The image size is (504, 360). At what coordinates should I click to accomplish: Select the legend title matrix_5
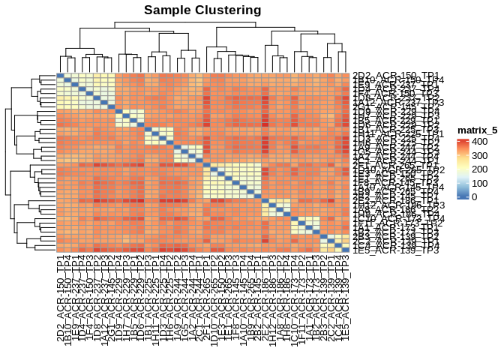[x=478, y=130]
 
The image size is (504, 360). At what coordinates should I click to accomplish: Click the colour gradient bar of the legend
[x=462, y=168]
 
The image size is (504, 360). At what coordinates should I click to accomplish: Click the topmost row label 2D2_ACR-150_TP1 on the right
[x=396, y=76]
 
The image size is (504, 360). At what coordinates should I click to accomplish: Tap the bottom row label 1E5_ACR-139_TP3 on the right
[x=396, y=250]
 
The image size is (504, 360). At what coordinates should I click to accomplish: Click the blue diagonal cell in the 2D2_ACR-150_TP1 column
[x=61, y=76]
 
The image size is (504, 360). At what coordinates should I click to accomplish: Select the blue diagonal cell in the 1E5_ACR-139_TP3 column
[x=345, y=250]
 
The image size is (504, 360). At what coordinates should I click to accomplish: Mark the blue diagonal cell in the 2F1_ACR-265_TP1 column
[x=207, y=166]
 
